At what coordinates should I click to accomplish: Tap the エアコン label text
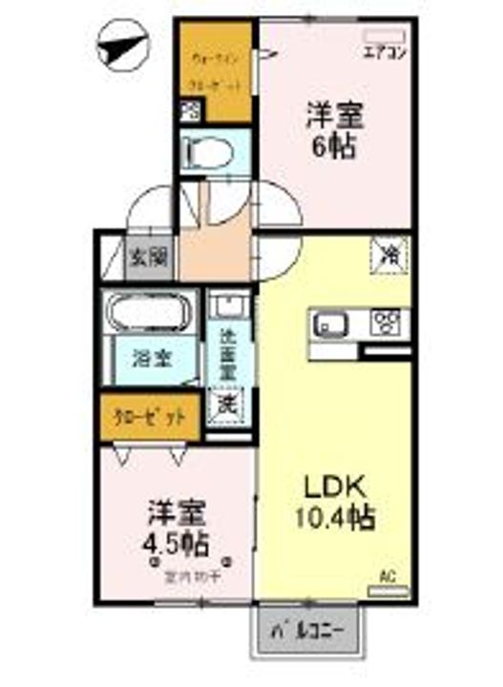(387, 53)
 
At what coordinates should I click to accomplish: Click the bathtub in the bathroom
(152, 314)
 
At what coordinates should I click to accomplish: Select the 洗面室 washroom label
(229, 353)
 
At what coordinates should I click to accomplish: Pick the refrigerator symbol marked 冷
(391, 255)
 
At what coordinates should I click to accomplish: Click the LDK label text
(333, 486)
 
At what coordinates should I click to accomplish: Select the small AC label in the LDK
(388, 575)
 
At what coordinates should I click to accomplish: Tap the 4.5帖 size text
(178, 546)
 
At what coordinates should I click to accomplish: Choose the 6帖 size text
(334, 147)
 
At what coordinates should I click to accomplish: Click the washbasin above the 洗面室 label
(229, 307)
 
